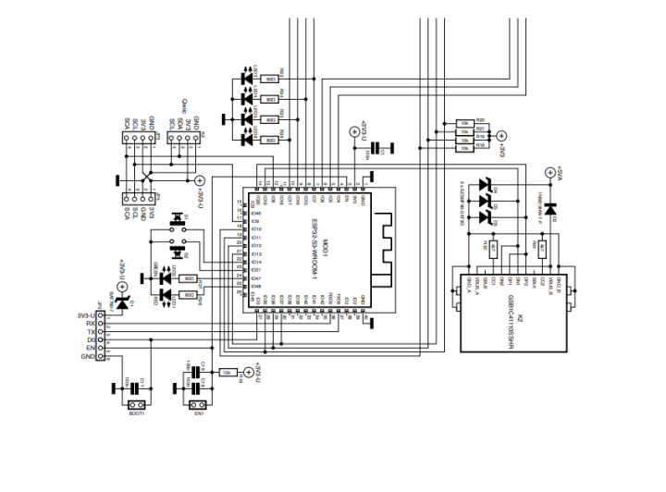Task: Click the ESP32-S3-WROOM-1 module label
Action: [x=315, y=251]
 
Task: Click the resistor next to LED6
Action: [x=271, y=140]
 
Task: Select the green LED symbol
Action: [x=166, y=278]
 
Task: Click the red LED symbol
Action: [x=166, y=295]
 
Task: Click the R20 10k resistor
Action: [x=465, y=120]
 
